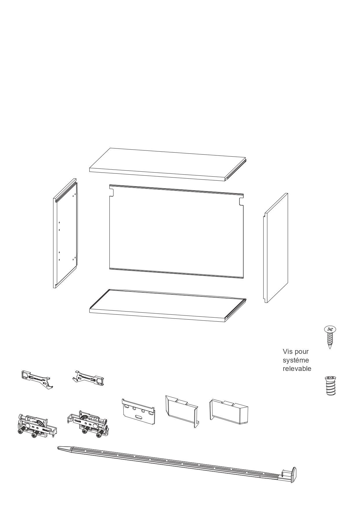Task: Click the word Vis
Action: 288,352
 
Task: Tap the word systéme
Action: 296,360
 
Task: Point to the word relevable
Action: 297,369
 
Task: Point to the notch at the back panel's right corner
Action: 241,201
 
